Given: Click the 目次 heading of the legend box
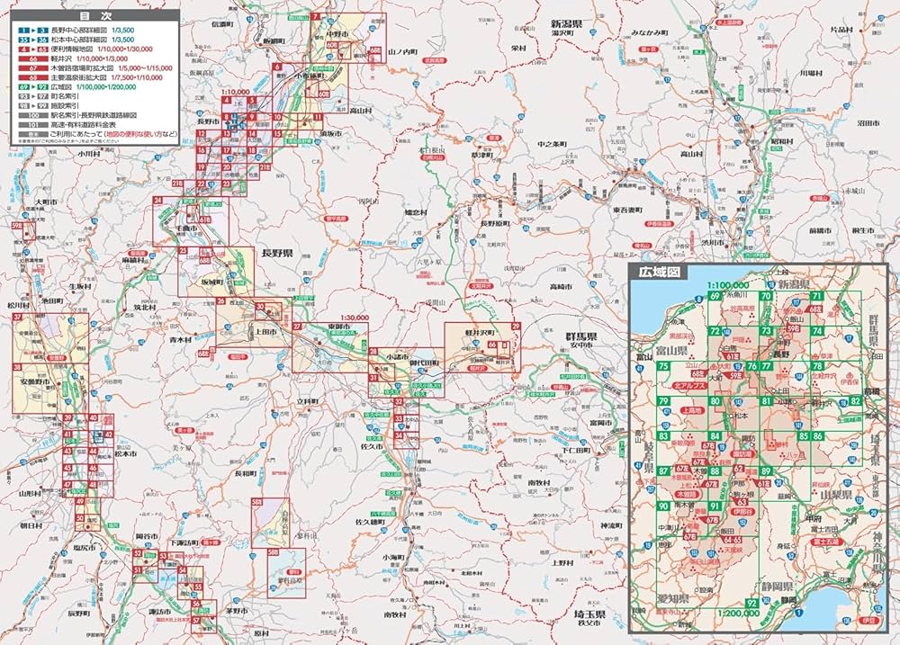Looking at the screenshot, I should (91, 16).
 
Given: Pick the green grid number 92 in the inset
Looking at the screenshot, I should (751, 603).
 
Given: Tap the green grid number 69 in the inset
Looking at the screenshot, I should (715, 296).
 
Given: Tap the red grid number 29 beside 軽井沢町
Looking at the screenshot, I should (516, 326).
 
